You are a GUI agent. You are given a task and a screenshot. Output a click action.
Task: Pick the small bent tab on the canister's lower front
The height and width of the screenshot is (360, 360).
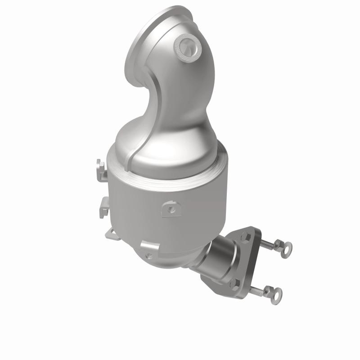[x=148, y=246]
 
